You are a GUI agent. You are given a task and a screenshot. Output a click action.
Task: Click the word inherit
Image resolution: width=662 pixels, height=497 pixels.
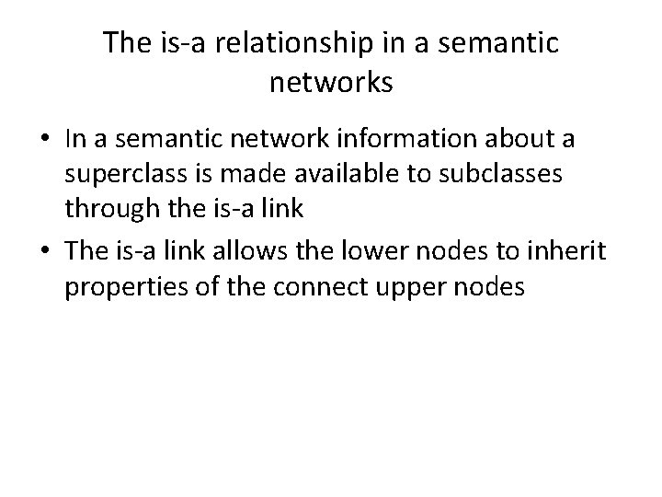(x=570, y=251)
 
